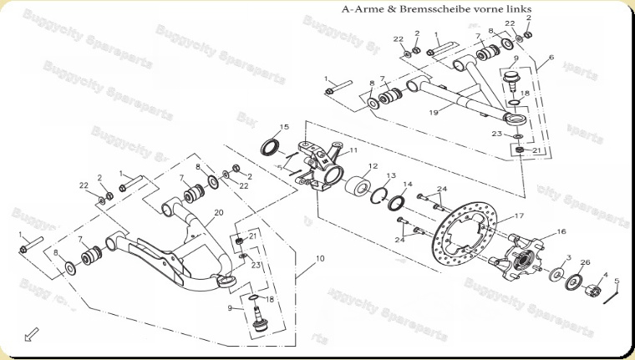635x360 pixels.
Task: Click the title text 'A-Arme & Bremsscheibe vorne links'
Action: coord(437,9)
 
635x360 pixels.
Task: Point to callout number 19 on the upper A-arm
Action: coord(434,111)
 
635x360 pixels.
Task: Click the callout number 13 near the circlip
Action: coord(390,176)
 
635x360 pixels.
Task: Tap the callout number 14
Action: coord(408,185)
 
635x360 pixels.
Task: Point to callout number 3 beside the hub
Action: coord(568,258)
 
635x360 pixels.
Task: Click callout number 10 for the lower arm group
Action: coord(320,260)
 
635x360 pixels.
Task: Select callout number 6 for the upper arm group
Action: coord(551,59)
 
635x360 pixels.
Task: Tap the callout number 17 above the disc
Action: coord(518,216)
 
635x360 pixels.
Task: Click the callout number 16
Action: coord(561,231)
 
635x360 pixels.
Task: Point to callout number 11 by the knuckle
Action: coord(353,150)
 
